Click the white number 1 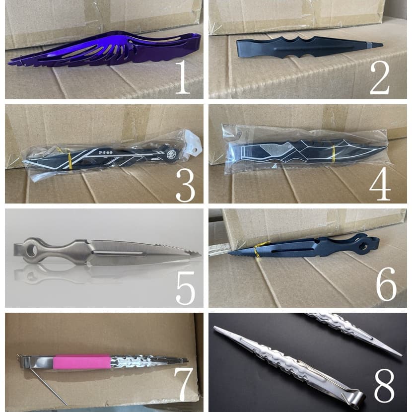(x=182, y=77)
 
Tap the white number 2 (x=379, y=78)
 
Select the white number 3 (x=186, y=185)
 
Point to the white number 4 (x=380, y=184)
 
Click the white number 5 (x=186, y=288)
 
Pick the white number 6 (x=386, y=284)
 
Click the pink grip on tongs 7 (x=81, y=362)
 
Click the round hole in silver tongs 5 (x=32, y=248)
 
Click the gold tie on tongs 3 (x=69, y=160)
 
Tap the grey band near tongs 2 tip (x=367, y=45)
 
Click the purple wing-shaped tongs (x=105, y=50)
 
